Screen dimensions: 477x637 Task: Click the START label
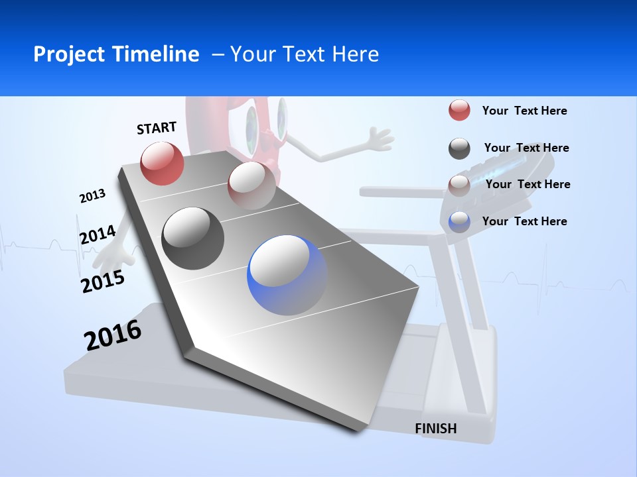click(157, 128)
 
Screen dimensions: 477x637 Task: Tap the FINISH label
click(436, 429)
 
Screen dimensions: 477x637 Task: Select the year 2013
click(92, 196)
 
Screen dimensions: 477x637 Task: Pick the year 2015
click(103, 282)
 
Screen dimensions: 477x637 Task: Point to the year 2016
click(113, 335)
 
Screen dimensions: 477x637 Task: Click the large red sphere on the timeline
click(163, 163)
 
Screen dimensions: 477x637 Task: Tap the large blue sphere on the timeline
click(287, 275)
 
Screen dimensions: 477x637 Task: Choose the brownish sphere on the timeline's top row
click(251, 185)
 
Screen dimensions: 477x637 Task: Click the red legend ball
click(459, 111)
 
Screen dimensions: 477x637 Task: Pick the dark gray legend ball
click(459, 148)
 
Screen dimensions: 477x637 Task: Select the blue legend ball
click(459, 222)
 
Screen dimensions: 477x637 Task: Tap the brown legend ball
click(459, 185)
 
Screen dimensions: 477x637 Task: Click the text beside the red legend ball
click(524, 111)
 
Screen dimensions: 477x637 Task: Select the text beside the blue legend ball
click(524, 221)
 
